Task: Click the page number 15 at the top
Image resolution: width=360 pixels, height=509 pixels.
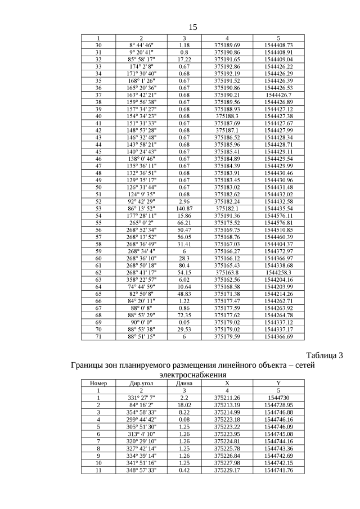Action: click(x=193, y=27)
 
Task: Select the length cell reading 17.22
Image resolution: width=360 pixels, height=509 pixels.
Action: click(x=184, y=59)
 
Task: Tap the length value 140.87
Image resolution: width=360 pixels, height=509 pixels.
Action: click(x=184, y=208)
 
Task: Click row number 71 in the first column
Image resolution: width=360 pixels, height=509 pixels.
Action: click(x=98, y=336)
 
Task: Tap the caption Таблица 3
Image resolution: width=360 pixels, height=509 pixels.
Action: click(x=324, y=355)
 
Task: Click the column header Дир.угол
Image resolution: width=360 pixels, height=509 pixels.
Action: click(x=141, y=382)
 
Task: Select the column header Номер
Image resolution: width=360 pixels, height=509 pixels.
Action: click(x=98, y=382)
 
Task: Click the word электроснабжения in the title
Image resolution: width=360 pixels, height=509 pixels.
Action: click(x=192, y=374)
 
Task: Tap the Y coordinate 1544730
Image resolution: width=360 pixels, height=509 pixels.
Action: click(x=278, y=398)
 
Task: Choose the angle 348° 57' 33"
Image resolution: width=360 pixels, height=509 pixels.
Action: click(x=141, y=470)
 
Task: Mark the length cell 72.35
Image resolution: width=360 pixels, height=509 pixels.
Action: click(x=184, y=315)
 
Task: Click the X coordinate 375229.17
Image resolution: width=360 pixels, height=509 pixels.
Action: click(x=227, y=470)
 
